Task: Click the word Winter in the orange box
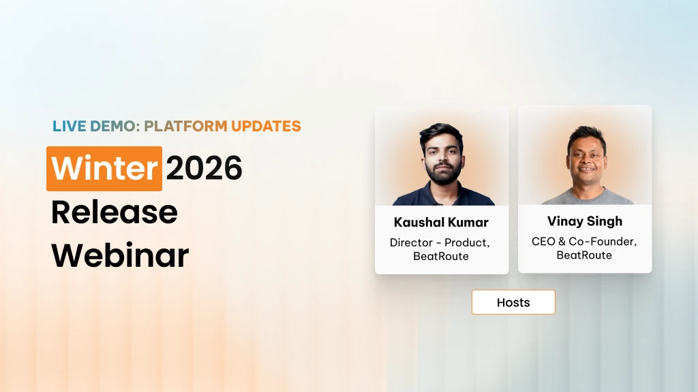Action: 104,169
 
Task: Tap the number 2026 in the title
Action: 204,169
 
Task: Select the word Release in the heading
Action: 114,212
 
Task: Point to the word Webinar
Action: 120,255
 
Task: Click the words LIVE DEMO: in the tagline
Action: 96,126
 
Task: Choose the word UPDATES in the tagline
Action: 266,126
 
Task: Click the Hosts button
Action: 513,302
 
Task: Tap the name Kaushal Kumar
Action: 441,223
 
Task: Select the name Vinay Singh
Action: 584,221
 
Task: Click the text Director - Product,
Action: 440,242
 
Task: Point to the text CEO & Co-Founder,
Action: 584,242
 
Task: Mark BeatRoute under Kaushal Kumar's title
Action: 440,256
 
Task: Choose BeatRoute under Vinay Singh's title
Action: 584,255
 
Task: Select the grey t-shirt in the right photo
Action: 585,198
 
